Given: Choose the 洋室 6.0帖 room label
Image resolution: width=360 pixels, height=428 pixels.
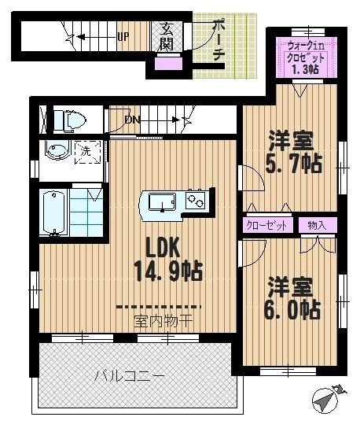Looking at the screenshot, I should (292, 297).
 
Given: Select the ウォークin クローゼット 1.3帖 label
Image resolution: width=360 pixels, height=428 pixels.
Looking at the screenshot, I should (304, 57).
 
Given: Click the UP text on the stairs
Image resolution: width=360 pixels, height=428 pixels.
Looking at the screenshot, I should (123, 36).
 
